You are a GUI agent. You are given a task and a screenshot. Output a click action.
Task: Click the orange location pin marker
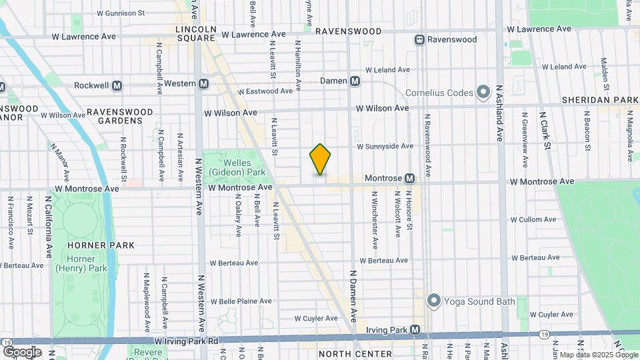pyautogui.click(x=320, y=160)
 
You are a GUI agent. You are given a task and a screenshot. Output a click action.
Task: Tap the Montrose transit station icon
pyautogui.click(x=409, y=179)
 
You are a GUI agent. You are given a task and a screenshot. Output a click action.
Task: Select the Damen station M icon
pyautogui.click(x=355, y=81)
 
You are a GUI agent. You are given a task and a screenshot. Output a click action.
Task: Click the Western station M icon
pyautogui.click(x=204, y=83)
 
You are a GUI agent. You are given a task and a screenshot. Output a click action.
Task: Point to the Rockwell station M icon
pyautogui.click(x=117, y=85)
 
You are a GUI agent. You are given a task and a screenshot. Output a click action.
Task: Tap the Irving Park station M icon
pyautogui.click(x=415, y=330)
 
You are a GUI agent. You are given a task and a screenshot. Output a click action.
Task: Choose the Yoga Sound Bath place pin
pyautogui.click(x=434, y=301)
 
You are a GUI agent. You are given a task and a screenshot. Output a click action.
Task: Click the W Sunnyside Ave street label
pyautogui.click(x=385, y=146)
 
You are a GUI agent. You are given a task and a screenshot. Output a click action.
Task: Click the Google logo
pyautogui.click(x=22, y=351)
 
